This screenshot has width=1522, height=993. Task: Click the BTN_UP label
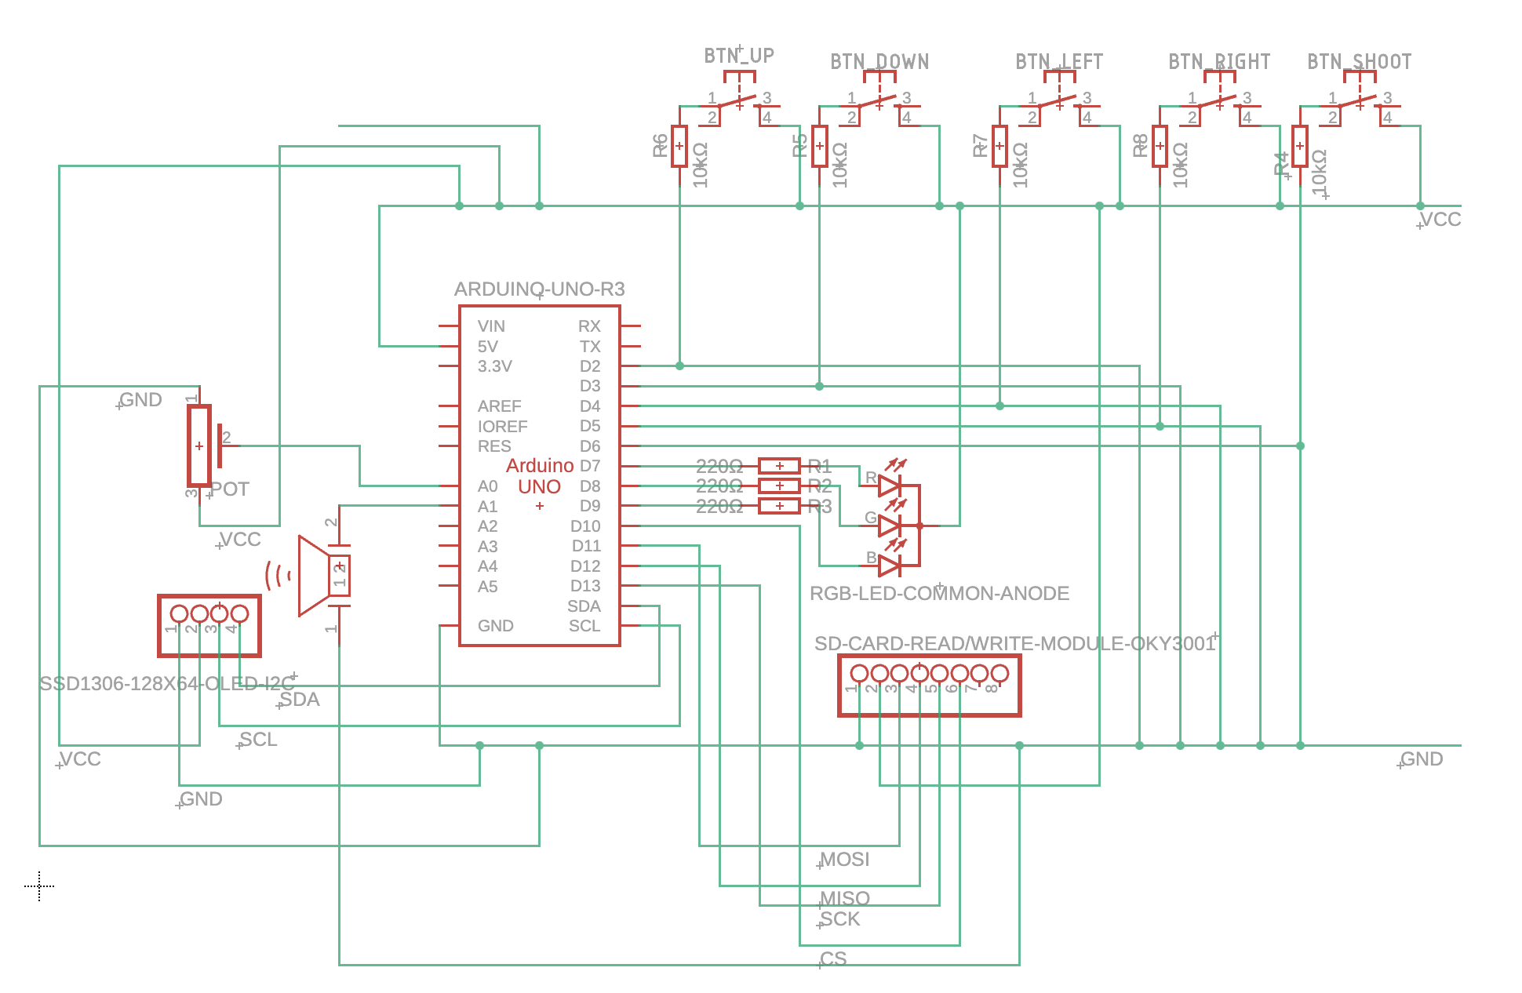738,56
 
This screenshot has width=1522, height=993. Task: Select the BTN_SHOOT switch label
1359,62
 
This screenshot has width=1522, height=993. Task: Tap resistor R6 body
679,147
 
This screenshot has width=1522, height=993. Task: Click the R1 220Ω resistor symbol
779,466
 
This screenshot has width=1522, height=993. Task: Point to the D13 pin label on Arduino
585,586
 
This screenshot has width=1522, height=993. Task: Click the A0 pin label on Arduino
487,486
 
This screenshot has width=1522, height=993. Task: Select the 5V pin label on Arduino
487,347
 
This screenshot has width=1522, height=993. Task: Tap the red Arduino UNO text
539,476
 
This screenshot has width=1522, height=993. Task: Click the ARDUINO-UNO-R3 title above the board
539,289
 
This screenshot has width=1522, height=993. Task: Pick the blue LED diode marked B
889,566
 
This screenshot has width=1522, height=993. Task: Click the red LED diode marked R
889,486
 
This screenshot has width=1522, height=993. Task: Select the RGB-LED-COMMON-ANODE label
939,594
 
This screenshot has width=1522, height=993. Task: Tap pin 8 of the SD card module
999,674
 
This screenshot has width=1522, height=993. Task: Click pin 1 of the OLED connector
179,614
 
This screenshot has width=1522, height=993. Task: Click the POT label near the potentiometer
229,489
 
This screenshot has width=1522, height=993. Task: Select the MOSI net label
844,860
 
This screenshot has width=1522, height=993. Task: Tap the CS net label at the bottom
832,959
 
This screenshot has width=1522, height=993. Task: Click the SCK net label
839,919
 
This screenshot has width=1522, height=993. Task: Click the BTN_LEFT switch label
1058,62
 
